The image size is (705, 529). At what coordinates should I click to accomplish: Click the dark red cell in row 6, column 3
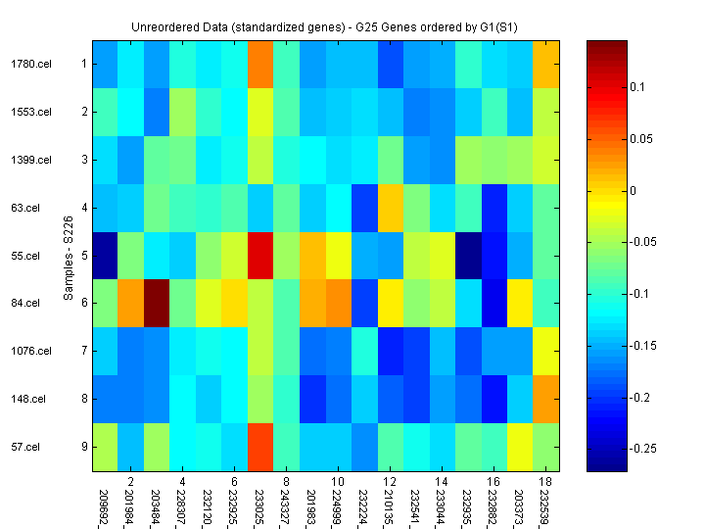pos(158,304)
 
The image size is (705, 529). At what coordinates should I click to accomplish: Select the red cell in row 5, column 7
pos(261,256)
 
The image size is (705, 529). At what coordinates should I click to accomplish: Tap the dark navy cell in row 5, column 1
pos(106,256)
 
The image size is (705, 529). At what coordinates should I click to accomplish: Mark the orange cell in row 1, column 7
pos(261,65)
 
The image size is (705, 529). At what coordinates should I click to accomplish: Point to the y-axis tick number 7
pos(84,352)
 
